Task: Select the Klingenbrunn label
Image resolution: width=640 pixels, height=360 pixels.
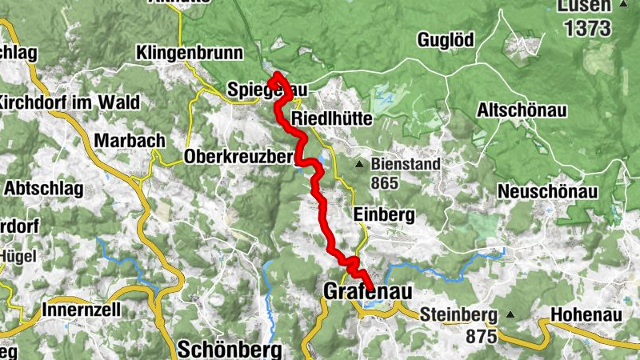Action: click(190, 54)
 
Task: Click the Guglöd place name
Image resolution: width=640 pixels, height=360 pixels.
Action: click(446, 39)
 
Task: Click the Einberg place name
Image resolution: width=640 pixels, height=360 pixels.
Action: click(383, 214)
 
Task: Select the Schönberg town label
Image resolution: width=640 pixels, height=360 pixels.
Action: click(230, 349)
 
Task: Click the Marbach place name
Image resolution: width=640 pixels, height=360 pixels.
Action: click(129, 140)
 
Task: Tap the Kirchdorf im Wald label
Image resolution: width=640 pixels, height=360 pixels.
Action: click(70, 102)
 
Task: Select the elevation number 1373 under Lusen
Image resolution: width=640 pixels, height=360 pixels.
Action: click(587, 29)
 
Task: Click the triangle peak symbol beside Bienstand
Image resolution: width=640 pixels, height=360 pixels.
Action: click(360, 166)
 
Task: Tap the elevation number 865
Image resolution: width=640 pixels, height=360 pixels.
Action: click(384, 182)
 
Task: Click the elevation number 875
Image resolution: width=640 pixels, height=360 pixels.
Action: click(482, 337)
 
